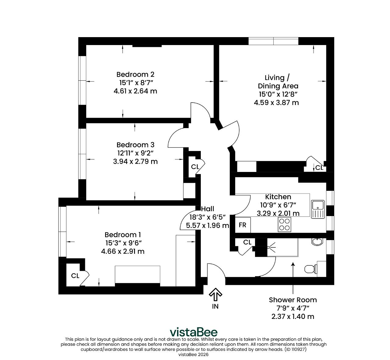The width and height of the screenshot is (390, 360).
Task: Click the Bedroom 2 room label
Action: (x=135, y=75)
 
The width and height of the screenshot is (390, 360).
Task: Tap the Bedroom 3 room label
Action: (x=135, y=145)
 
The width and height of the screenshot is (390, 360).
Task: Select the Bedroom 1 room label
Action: (x=123, y=235)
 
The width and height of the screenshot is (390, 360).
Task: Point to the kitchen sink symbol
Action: (x=318, y=209)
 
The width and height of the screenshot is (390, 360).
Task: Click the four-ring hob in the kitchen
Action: (x=284, y=225)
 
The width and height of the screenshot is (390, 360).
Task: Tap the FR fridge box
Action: (x=243, y=225)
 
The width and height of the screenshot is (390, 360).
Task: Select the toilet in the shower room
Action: (x=311, y=269)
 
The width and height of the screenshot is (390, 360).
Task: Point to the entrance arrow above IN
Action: (x=215, y=294)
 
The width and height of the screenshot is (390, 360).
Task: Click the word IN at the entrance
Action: (x=215, y=306)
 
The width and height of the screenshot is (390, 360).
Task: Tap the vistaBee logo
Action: (x=193, y=332)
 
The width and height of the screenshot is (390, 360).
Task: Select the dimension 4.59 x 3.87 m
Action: (x=276, y=103)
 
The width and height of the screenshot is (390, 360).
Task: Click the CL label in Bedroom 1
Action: (x=75, y=276)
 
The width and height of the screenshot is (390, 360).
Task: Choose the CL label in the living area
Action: (x=319, y=168)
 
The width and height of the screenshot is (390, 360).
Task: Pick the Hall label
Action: (x=207, y=209)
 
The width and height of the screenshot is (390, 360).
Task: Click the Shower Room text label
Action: (x=293, y=300)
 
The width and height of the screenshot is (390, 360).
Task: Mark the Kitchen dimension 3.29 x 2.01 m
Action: (x=278, y=213)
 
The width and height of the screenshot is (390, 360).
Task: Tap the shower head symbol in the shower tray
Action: (x=271, y=247)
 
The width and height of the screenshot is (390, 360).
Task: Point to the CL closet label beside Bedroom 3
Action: (x=195, y=167)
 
